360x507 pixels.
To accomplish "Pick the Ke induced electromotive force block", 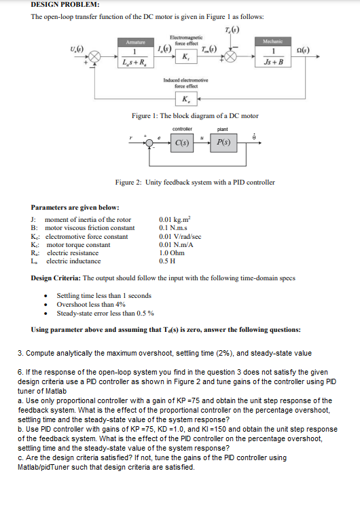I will (x=185, y=99).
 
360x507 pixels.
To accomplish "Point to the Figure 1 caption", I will (x=195, y=116).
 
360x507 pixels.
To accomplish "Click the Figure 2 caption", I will (x=195, y=183).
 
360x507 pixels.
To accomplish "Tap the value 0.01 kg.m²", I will (x=175, y=220).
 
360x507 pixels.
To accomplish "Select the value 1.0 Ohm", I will (x=171, y=252).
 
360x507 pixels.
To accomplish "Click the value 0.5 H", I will (x=166, y=261).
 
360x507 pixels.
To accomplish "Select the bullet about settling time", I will (x=104, y=296).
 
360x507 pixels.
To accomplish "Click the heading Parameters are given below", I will (x=75, y=207).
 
